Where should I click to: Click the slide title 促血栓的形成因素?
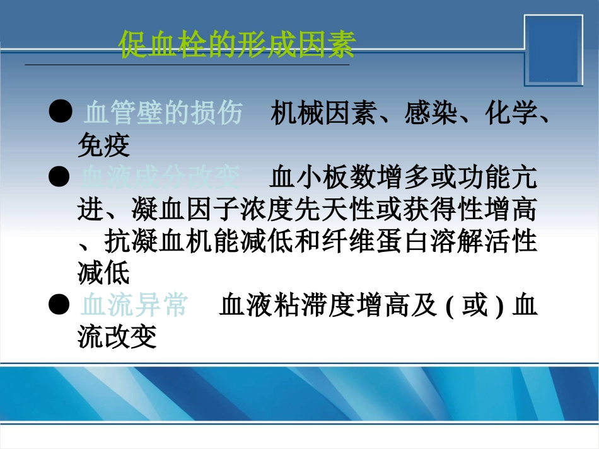(237, 45)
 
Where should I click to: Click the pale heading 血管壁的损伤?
(163, 114)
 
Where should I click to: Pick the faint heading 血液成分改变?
(160, 178)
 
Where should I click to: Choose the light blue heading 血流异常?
(134, 306)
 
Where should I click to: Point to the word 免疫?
(103, 147)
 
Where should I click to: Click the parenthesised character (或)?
(475, 306)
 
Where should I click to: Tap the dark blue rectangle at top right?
(555, 50)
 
